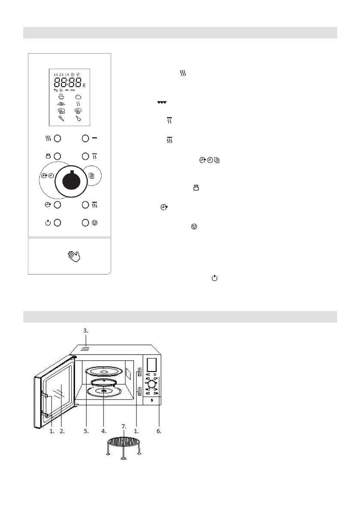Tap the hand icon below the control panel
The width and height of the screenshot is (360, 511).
(74, 257)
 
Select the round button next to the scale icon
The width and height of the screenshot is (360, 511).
(57, 157)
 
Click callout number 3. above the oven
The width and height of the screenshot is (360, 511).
(85, 331)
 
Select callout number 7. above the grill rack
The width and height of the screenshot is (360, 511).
(124, 427)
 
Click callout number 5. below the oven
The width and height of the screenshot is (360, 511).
(86, 431)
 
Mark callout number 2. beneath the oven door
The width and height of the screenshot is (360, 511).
(62, 431)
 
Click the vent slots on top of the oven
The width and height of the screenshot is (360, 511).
(85, 338)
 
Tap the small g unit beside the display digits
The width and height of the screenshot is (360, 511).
(84, 85)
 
